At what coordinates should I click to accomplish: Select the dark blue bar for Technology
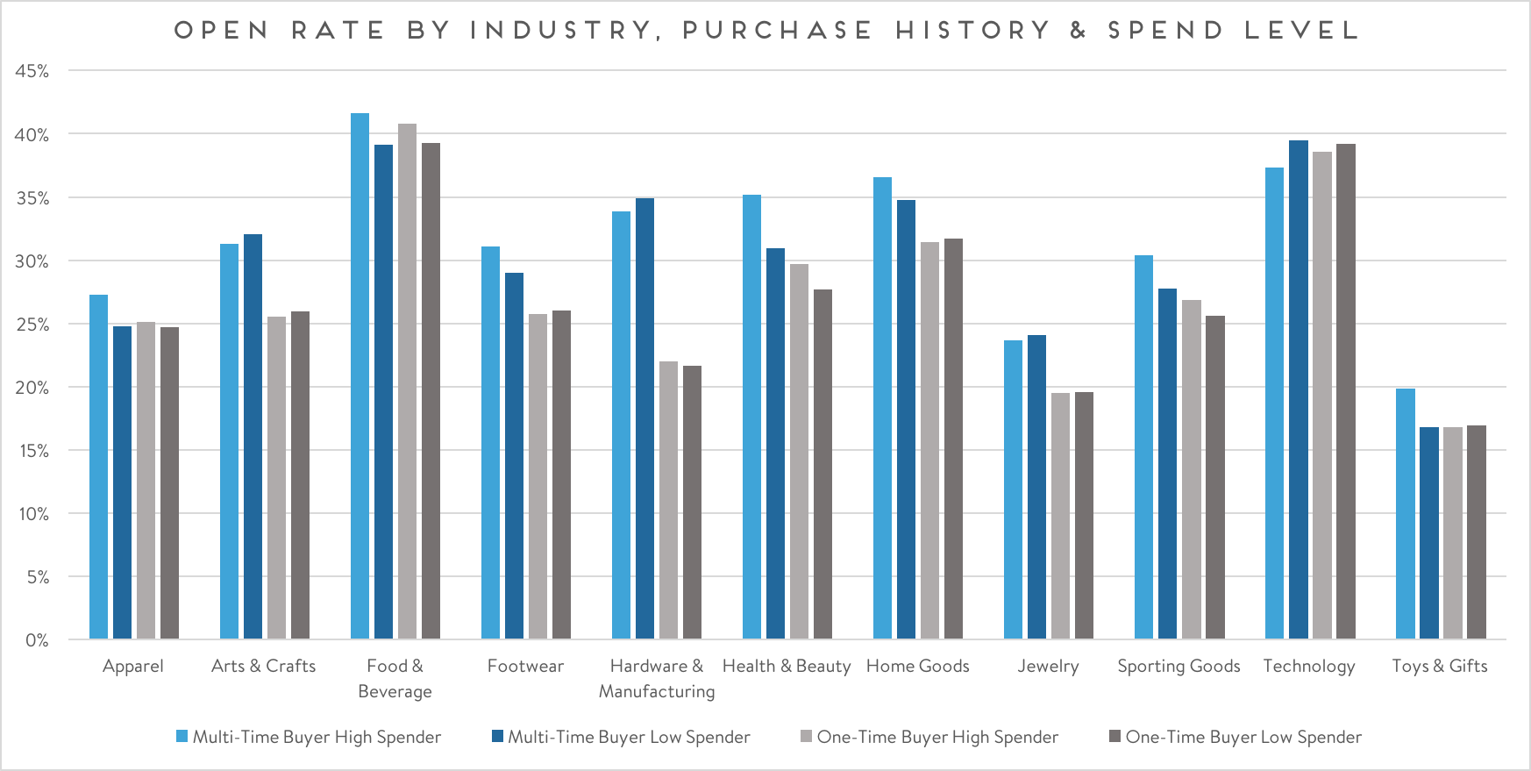[1299, 389]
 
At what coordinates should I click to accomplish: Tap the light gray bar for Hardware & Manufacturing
[668, 500]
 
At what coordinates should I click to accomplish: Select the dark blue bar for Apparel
[122, 482]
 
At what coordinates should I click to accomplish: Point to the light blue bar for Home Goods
[882, 408]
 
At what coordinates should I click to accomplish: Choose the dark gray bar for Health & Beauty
[822, 464]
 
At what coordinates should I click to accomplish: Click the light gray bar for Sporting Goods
[1191, 469]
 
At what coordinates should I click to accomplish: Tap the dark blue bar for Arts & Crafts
[253, 436]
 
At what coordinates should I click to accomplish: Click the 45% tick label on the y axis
[32, 71]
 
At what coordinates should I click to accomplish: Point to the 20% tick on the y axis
[32, 388]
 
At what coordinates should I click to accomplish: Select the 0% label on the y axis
[37, 640]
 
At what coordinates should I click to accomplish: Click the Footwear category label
[525, 666]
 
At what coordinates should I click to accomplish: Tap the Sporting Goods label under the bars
[1179, 666]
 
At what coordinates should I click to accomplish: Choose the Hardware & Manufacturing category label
[657, 678]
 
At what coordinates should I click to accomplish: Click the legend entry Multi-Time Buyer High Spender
[317, 737]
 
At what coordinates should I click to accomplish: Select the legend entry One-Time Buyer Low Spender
[1243, 737]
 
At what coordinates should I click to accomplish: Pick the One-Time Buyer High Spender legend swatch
[806, 736]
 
